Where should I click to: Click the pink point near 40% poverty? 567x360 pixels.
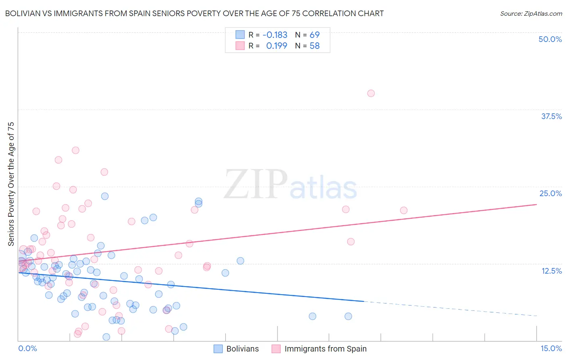coord(371,93)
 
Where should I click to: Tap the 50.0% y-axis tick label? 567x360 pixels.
coord(550,39)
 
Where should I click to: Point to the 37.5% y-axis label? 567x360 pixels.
coord(551,116)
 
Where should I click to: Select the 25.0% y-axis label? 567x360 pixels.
coord(550,193)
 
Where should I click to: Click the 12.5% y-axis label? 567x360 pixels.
coord(551,271)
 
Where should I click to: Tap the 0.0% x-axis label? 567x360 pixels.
coord(27,348)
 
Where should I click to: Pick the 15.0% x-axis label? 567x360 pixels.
coord(551,348)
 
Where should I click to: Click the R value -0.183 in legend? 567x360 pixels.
coord(275,35)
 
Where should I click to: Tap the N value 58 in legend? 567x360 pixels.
coord(315,46)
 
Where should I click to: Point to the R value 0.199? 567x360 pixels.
coord(277,46)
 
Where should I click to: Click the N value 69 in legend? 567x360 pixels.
coord(315,35)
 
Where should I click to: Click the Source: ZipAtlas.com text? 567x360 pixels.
coord(531,13)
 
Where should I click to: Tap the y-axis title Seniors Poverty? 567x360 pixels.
coord(11,184)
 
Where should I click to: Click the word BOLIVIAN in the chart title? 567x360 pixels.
coord(24,13)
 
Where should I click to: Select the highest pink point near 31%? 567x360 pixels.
coord(75,150)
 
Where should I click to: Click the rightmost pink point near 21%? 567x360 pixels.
coord(404,210)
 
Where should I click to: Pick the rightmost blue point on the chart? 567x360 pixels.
coord(348,316)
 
